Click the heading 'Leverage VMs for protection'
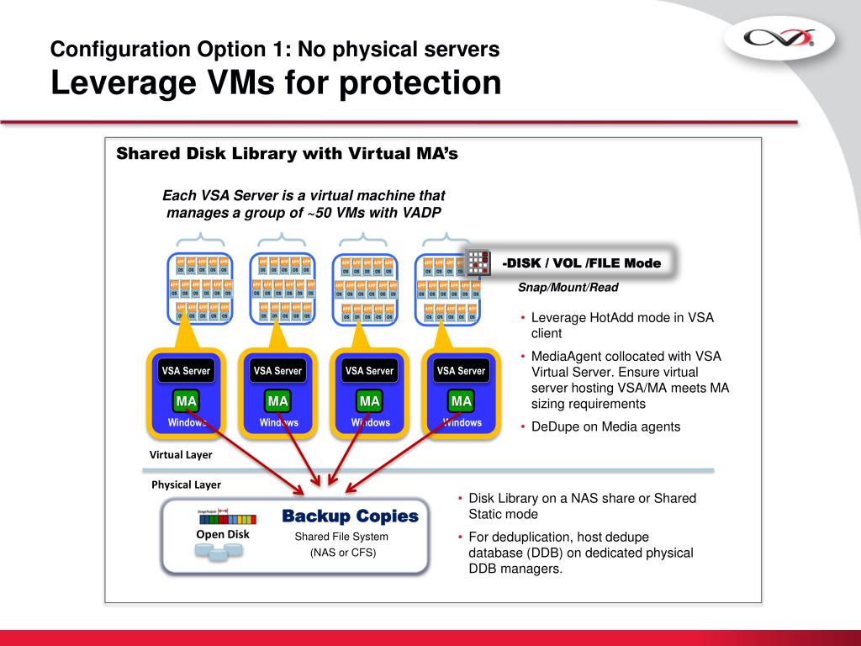pos(276,83)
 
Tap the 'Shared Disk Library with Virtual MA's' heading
pos(286,154)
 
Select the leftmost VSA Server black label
pos(186,370)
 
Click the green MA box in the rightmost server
pos(461,401)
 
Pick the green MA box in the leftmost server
pos(186,401)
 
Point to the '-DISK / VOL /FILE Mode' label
pos(581,263)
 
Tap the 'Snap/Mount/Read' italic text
pos(568,288)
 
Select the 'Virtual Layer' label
pos(181,455)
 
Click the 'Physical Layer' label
pos(186,484)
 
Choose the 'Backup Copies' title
pos(350,516)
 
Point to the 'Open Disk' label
pos(223,534)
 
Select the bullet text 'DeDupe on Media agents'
pos(605,426)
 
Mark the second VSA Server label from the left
pos(277,370)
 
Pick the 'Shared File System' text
pos(341,537)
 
